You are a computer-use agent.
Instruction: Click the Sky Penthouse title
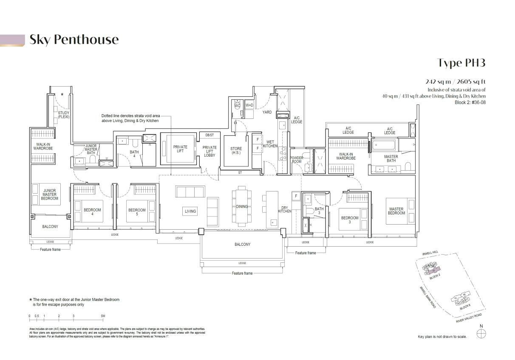(74, 39)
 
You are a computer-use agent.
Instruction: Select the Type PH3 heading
(461, 63)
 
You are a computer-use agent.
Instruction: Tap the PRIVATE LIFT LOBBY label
(209, 151)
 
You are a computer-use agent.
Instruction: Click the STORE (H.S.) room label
(236, 151)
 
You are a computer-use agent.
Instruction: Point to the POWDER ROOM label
(297, 160)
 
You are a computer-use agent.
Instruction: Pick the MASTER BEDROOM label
(396, 211)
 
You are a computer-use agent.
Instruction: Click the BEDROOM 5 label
(137, 212)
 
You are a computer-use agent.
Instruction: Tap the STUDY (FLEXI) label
(64, 115)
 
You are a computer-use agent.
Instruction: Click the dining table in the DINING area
(241, 207)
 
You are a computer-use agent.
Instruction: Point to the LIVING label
(190, 211)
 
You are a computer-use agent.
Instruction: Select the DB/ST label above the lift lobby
(209, 135)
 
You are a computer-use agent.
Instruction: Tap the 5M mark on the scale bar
(103, 316)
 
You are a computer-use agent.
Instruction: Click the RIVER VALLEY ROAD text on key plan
(469, 318)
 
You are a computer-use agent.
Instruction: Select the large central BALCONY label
(242, 245)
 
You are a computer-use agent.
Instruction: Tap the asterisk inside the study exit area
(62, 95)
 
